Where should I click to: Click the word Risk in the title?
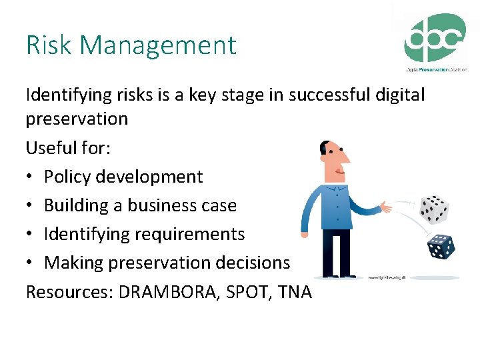43,45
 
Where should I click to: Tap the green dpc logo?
435,40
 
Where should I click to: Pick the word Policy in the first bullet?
67,177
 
